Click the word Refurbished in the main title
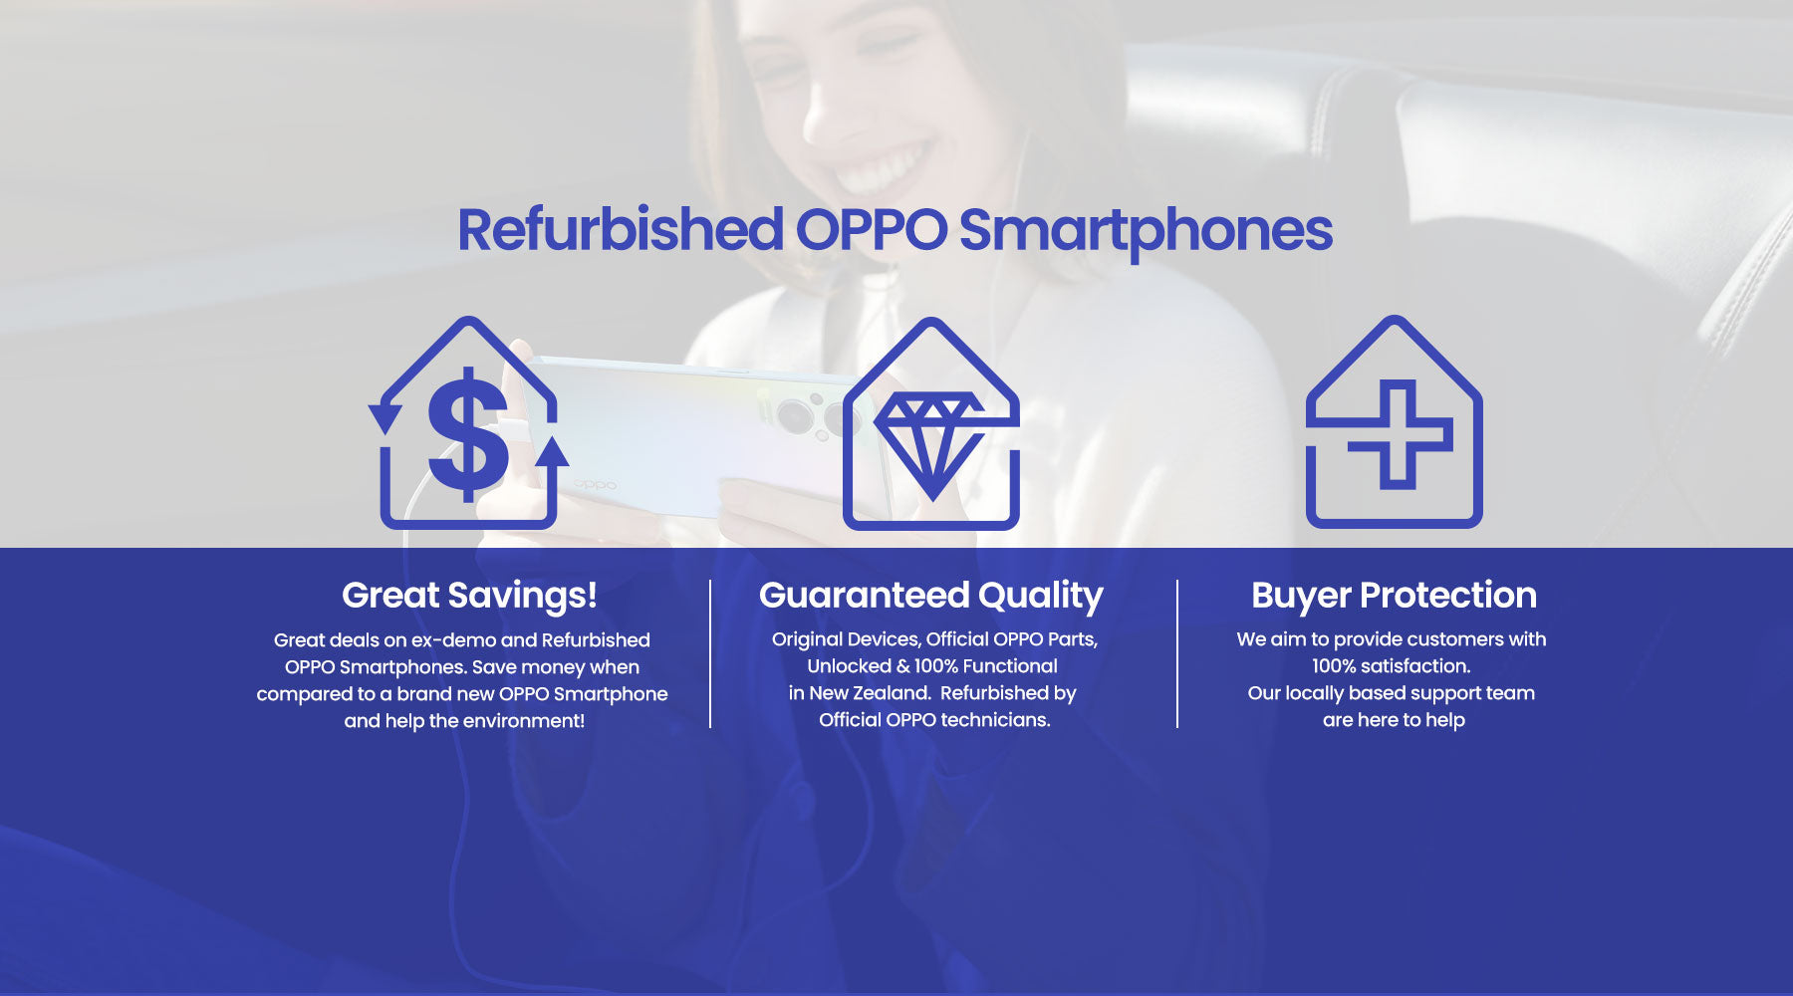(620, 229)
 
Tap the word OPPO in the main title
(871, 229)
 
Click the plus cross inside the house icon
(1400, 434)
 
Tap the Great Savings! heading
(469, 596)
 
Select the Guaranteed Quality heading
(931, 596)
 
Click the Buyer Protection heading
(1394, 595)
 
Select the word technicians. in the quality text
(995, 720)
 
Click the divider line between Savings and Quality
(710, 653)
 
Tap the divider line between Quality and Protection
(1177, 653)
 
